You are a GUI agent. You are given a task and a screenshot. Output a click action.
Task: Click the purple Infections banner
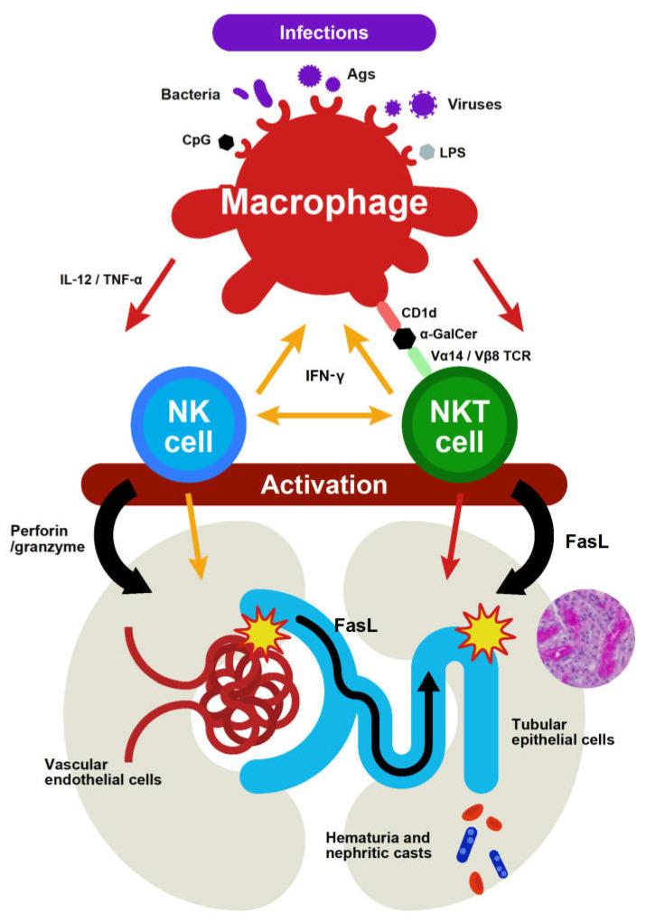(x=323, y=33)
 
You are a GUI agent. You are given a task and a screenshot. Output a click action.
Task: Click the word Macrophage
(x=324, y=202)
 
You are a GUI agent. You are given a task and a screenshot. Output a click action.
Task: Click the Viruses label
(x=474, y=104)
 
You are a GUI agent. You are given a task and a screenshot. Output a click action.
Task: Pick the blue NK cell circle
(x=190, y=416)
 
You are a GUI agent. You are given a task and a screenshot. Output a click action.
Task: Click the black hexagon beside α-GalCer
(x=403, y=336)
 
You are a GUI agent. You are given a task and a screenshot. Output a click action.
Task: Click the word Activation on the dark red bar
(x=324, y=485)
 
